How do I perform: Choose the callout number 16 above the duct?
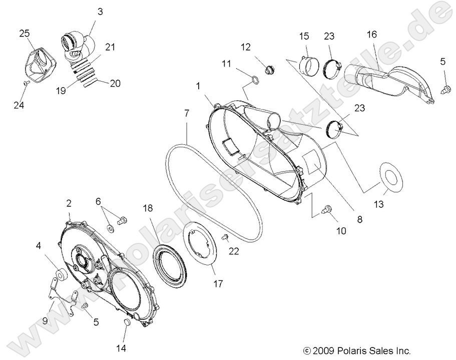click(371, 35)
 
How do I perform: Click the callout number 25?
click(25, 34)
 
